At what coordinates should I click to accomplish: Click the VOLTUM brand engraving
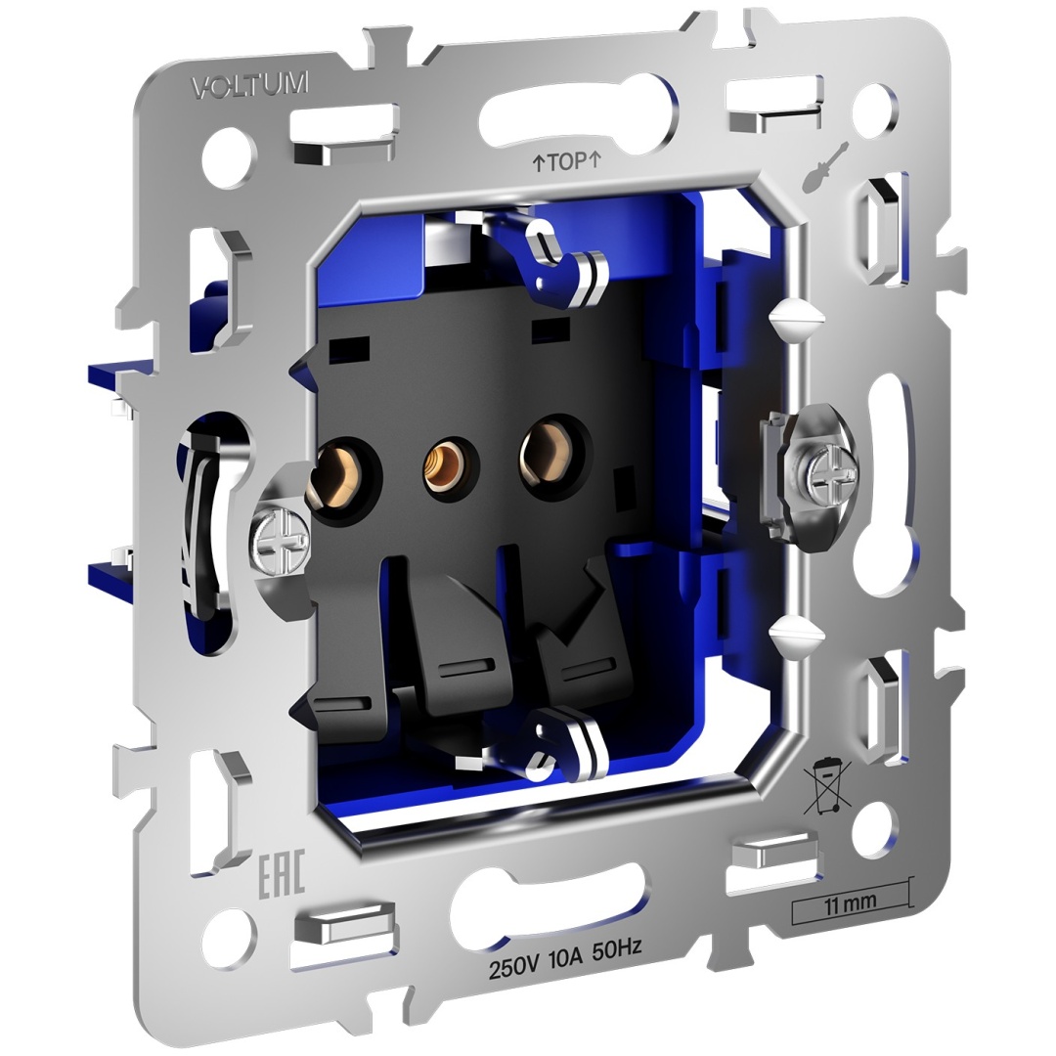point(250,85)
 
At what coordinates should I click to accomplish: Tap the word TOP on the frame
point(566,162)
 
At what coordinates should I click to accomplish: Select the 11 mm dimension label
point(851,902)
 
